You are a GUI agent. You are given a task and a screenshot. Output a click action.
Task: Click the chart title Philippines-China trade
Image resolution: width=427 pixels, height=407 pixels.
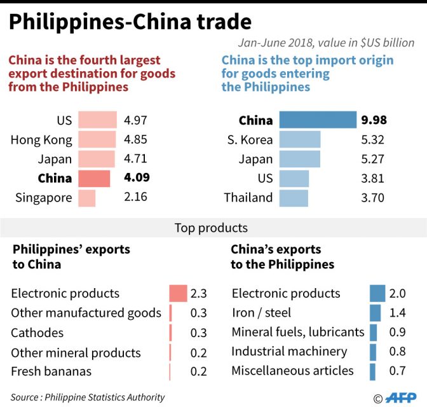pos(130,22)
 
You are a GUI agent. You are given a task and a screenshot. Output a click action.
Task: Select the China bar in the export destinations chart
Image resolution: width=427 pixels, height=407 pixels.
pos(94,179)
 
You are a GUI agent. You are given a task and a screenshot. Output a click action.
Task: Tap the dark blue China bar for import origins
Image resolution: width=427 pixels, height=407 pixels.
pos(318,120)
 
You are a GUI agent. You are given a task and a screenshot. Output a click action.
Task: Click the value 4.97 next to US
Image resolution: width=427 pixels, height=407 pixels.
pos(136,120)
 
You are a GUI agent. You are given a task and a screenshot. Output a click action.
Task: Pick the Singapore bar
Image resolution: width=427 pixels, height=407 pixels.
pos(86,198)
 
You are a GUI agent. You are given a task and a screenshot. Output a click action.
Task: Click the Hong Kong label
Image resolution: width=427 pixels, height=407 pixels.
pos(41,140)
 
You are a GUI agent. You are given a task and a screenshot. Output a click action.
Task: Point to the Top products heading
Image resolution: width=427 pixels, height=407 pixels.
pos(211,228)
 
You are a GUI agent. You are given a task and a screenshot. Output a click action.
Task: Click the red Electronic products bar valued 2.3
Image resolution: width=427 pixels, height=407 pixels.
pos(178,293)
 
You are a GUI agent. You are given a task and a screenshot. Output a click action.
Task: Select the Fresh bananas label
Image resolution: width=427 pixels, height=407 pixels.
pos(51,371)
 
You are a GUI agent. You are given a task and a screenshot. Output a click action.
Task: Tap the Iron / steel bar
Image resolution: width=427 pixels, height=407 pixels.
pos(375,312)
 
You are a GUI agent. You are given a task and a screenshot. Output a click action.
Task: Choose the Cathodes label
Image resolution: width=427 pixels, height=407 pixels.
pos(37,333)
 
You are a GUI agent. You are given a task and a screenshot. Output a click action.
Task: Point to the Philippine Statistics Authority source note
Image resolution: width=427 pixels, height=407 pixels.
pos(88,397)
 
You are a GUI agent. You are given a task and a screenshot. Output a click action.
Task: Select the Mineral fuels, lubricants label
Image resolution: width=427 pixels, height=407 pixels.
pos(298,332)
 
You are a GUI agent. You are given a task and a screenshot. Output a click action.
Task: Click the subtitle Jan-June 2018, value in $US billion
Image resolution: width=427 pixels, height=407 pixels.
pos(326,43)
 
